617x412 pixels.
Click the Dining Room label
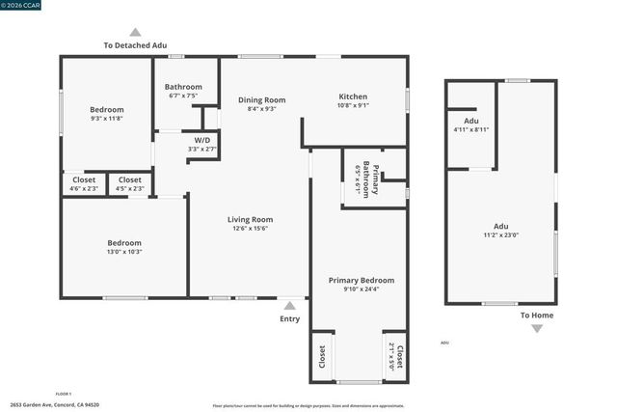point(261,99)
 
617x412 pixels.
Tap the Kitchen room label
point(353,96)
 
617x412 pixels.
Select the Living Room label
point(250,219)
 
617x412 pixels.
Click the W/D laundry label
point(202,140)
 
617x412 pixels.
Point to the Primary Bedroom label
point(361,280)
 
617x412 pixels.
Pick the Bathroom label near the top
point(183,87)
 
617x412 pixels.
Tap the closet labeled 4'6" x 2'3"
point(84,183)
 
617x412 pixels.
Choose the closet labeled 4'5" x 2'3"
point(129,183)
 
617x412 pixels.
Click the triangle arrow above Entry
point(289,305)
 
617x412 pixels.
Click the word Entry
point(289,318)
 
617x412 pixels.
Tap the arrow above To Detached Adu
point(135,32)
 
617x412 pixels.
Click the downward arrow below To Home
point(537,328)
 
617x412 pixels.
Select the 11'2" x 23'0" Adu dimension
point(501,236)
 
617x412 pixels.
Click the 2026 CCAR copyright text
point(22,5)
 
